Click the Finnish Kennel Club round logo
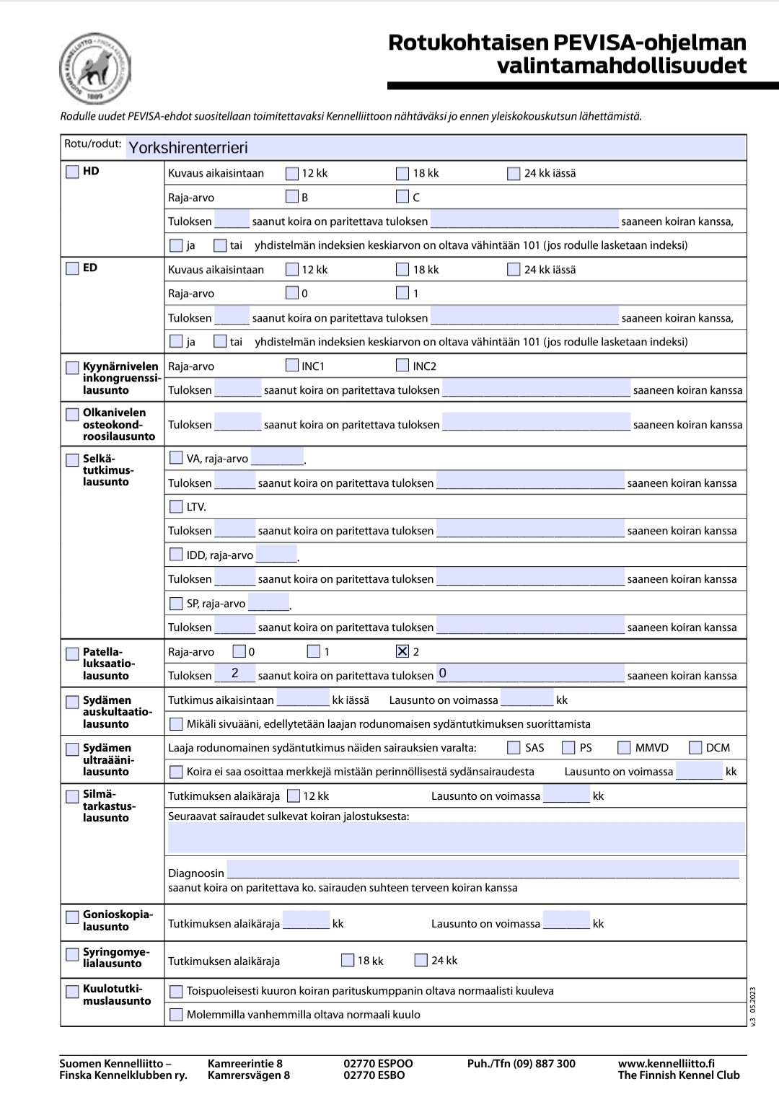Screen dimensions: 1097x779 pyautogui.click(x=94, y=69)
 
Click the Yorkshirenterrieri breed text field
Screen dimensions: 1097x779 pyautogui.click(x=436, y=148)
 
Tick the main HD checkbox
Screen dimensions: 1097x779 pyautogui.click(x=72, y=172)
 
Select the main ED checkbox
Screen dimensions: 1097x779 pyautogui.click(x=72, y=268)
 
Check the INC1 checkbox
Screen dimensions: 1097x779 pyautogui.click(x=292, y=366)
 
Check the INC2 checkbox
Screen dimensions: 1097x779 pyautogui.click(x=402, y=366)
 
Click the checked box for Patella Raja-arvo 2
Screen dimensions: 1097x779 pyautogui.click(x=402, y=651)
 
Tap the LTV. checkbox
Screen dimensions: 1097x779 pyautogui.click(x=176, y=506)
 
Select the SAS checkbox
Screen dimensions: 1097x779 pyautogui.click(x=514, y=747)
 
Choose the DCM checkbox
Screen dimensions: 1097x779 pyautogui.click(x=695, y=747)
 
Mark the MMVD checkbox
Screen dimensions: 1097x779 pyautogui.click(x=624, y=747)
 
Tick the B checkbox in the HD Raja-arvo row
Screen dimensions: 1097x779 pyautogui.click(x=292, y=196)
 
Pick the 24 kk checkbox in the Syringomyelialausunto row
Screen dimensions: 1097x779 pyautogui.click(x=421, y=960)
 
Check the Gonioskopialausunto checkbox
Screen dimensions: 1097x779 pyautogui.click(x=72, y=917)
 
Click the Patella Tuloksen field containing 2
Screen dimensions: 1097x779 pyautogui.click(x=234, y=674)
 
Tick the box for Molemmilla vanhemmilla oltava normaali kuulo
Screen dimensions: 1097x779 pyautogui.click(x=176, y=1015)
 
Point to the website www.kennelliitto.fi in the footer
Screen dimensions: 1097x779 pyautogui.click(x=666, y=1063)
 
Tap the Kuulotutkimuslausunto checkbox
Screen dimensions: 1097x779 pyautogui.click(x=72, y=991)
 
